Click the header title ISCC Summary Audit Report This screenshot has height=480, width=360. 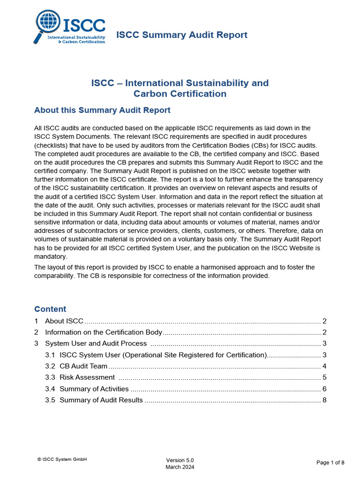pyautogui.click(x=181, y=35)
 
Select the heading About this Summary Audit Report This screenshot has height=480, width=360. pyautogui.click(x=102, y=110)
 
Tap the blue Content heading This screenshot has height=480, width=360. pyautogui.click(x=50, y=309)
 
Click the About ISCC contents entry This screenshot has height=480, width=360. pyautogui.click(x=64, y=321)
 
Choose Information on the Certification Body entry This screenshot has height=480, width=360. pyautogui.click(x=104, y=332)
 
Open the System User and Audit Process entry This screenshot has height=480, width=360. pyautogui.click(x=96, y=344)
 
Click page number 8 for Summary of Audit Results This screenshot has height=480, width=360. pyautogui.click(x=324, y=400)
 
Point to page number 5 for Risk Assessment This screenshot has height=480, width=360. pyautogui.click(x=324, y=377)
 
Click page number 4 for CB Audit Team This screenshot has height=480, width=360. pyautogui.click(x=324, y=366)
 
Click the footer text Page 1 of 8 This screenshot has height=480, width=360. pyautogui.click(x=330, y=463)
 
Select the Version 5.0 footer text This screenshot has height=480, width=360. pyautogui.click(x=180, y=460)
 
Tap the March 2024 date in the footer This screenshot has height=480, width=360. pyautogui.click(x=180, y=467)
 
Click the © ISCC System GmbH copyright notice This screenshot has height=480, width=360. pyautogui.click(x=62, y=459)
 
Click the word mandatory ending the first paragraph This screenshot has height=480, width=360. pyautogui.click(x=50, y=257)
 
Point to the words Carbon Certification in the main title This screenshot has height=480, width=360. pyautogui.click(x=180, y=94)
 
